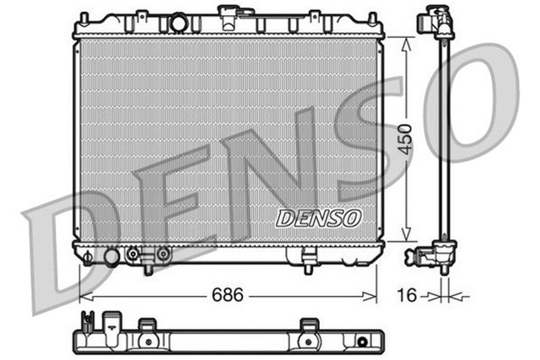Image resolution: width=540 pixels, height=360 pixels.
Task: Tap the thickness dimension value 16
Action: point(408,296)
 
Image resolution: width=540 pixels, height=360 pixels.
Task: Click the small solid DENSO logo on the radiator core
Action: point(318,218)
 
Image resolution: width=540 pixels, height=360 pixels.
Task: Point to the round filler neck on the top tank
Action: point(178,23)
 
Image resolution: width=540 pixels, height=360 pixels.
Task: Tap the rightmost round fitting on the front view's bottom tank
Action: point(163,253)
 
